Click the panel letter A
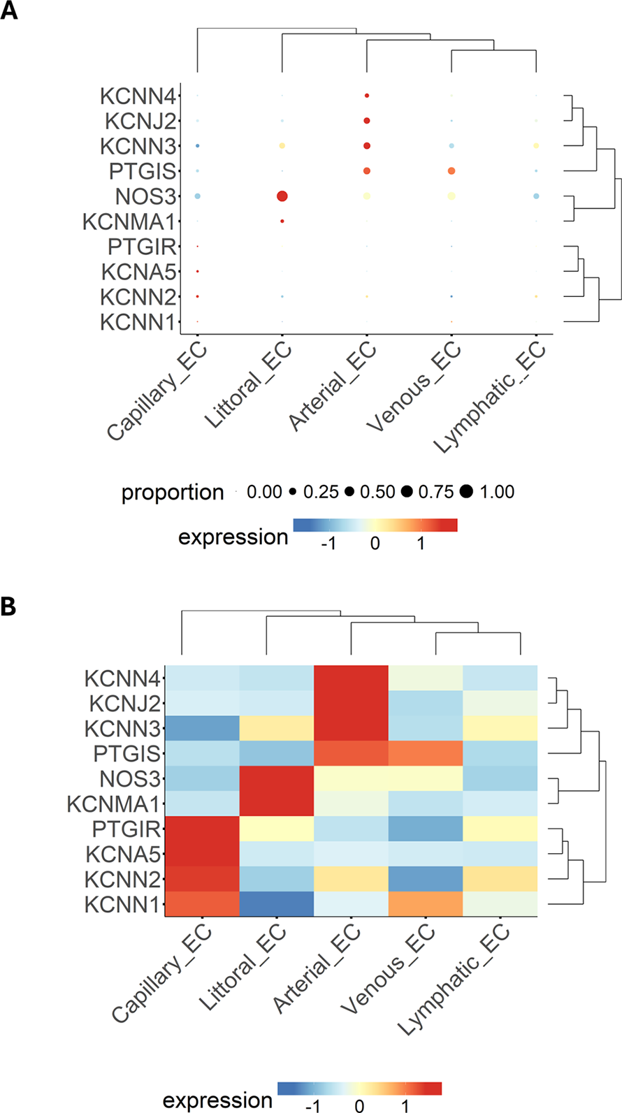(x=10, y=11)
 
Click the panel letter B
(x=8, y=606)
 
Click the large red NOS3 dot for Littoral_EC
(x=282, y=196)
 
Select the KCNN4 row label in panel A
(x=138, y=96)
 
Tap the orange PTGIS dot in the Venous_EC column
(x=451, y=171)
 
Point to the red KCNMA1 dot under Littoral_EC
(x=282, y=221)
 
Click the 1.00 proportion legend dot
(x=466, y=492)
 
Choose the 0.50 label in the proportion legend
(x=377, y=492)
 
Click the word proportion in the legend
(x=172, y=493)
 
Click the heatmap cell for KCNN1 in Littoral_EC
(x=277, y=903)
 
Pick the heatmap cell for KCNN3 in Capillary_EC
(x=202, y=728)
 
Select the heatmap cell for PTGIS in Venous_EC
(x=426, y=753)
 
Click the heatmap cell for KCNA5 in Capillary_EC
(x=202, y=853)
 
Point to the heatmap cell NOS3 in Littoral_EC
(x=277, y=778)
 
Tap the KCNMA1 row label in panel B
(x=113, y=803)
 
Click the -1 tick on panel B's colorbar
(x=313, y=1105)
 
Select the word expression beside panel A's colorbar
(x=233, y=537)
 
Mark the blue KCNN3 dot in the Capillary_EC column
(x=198, y=146)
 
